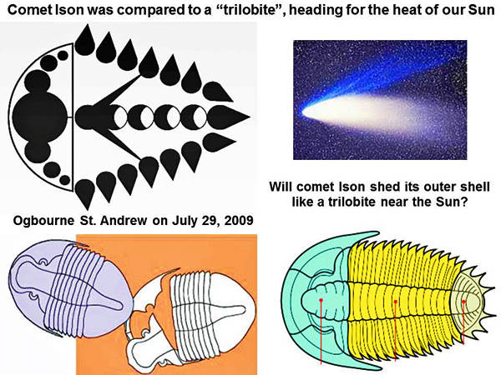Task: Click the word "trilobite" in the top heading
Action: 250,9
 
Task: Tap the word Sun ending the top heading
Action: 481,9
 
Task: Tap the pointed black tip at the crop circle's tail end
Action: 249,117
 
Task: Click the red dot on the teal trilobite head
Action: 321,300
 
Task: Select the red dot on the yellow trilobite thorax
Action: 396,302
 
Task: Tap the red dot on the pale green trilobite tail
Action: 463,301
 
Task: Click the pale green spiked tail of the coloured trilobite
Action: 468,302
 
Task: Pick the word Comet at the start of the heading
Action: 29,10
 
